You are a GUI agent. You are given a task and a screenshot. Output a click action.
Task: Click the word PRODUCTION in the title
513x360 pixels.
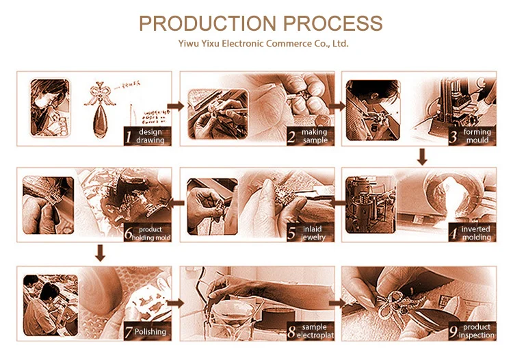(x=208, y=23)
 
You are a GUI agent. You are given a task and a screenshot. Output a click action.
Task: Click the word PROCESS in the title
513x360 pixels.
(x=332, y=23)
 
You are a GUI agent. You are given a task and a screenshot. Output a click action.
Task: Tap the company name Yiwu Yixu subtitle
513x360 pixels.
(x=263, y=44)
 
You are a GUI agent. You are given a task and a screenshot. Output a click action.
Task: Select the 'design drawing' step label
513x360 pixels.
(x=150, y=136)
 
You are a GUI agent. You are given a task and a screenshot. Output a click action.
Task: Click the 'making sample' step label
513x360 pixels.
(x=315, y=136)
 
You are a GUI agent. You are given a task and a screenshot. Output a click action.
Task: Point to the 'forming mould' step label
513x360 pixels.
(x=477, y=136)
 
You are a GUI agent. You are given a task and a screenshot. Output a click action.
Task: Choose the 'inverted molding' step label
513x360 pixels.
(x=476, y=233)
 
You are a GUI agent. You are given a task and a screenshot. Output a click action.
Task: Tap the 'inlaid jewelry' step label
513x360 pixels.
(x=313, y=233)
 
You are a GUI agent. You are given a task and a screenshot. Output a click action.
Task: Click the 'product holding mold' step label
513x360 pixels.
(x=151, y=233)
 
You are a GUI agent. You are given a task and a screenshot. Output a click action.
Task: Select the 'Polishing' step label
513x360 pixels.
(x=150, y=331)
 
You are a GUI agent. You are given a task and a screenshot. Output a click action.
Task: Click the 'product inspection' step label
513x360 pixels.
(x=476, y=331)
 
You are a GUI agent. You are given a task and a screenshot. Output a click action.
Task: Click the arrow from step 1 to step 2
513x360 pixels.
(x=176, y=106)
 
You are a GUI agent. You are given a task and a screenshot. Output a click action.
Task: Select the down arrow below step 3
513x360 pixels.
(x=422, y=157)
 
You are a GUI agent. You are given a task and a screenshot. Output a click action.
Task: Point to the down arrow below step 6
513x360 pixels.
(x=100, y=253)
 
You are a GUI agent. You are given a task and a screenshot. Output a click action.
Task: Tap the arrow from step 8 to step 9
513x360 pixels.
(x=337, y=303)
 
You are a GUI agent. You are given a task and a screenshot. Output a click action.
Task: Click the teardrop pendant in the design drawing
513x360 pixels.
(x=100, y=123)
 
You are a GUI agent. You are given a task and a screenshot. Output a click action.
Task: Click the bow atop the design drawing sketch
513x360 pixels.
(x=100, y=96)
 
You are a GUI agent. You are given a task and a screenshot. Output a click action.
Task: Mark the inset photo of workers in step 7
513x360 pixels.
(x=51, y=305)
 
